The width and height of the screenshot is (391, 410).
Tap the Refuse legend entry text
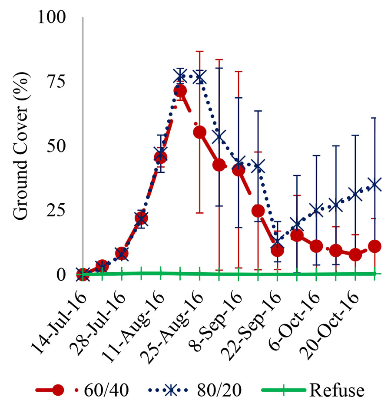pos(337,390)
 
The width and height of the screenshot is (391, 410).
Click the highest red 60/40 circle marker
pos(180,91)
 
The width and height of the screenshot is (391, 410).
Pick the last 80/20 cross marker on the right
pos(374,185)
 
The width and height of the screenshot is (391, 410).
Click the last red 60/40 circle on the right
pos(374,246)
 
